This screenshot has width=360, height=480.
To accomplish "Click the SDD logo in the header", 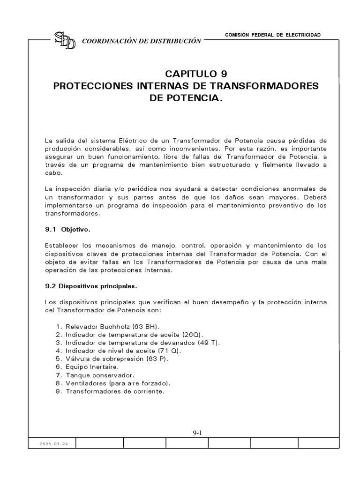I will pos(65,41).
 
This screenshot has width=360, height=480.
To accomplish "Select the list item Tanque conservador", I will pos(94,375).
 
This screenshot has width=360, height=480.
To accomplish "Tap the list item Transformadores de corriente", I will pos(110,391).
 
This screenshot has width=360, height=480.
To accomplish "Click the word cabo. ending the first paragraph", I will pos(53,172).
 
